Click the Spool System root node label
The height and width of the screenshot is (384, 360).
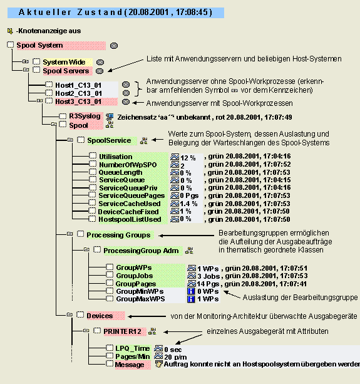pos(39,45)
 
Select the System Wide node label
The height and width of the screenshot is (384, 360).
pos(64,62)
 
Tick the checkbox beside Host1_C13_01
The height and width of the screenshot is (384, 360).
pos(49,85)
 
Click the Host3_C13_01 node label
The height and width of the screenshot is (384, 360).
pos(78,101)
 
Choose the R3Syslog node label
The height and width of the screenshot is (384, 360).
pos(85,116)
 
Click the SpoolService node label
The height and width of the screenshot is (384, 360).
pos(109,140)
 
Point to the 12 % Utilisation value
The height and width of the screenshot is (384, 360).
pos(188,158)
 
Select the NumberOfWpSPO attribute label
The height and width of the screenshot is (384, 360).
pos(128,165)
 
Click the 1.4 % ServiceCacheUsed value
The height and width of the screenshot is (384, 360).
pos(188,204)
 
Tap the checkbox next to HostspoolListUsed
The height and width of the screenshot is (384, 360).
pos(92,219)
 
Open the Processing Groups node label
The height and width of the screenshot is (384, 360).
pos(118,235)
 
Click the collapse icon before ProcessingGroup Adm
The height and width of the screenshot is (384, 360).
pos(86,249)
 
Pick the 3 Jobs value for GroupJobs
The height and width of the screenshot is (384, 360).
pos(208,276)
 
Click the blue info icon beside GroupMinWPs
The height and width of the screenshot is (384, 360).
pos(191,291)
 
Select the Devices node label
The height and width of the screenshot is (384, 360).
pos(100,316)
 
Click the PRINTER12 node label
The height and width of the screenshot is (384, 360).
pos(122,331)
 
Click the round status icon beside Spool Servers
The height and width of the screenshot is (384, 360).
pos(100,71)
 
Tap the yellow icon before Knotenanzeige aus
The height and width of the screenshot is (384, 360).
pos(10,31)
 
